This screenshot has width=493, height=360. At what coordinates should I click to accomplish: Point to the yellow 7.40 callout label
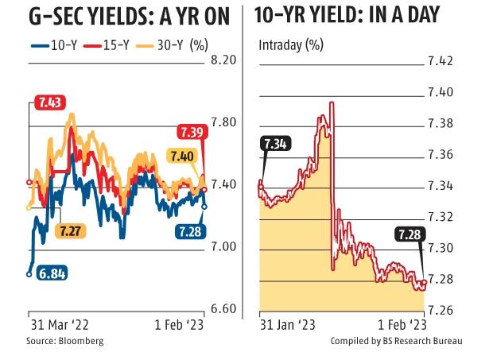point(181,157)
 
